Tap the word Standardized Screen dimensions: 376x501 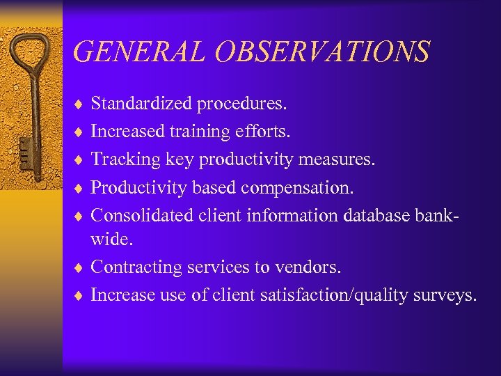142,104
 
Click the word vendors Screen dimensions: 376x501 312,267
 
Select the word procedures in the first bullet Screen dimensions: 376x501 241,104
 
